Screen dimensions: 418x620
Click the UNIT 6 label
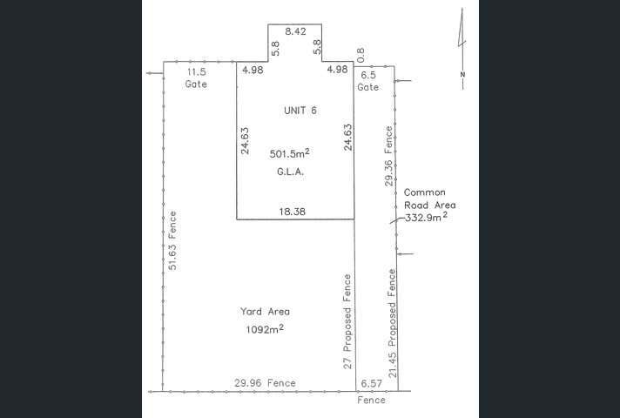coord(300,110)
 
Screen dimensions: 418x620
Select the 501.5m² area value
coord(291,154)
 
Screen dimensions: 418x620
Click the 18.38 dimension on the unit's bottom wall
coord(292,212)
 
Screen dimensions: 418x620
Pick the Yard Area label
coord(265,312)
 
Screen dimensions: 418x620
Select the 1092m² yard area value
coord(266,329)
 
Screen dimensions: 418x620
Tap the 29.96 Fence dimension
coord(264,382)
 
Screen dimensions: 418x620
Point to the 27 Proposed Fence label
coord(347,322)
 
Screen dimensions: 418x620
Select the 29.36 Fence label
coord(388,158)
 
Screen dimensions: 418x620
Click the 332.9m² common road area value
coord(427,218)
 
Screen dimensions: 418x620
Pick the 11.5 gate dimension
coord(196,71)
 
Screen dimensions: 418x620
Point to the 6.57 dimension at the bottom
coord(371,383)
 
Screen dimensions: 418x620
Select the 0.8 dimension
coord(361,55)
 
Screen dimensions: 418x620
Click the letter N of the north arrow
coord(464,74)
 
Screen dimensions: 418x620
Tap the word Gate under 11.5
coord(196,84)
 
